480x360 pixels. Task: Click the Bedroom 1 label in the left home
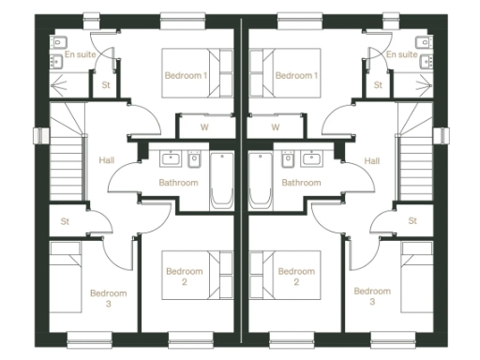click(185, 75)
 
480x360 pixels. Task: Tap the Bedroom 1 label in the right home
click(297, 75)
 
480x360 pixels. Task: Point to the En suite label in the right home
click(401, 54)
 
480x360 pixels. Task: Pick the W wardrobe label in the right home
click(276, 127)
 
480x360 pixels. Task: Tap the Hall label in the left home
click(106, 161)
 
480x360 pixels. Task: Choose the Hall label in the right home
click(372, 161)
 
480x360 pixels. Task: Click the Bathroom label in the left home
click(178, 183)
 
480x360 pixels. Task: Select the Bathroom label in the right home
click(301, 183)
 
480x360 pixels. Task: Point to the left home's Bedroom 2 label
click(185, 276)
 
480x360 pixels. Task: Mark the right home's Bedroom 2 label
click(296, 276)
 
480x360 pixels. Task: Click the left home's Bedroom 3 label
click(108, 297)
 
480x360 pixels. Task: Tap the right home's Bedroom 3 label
click(372, 297)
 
